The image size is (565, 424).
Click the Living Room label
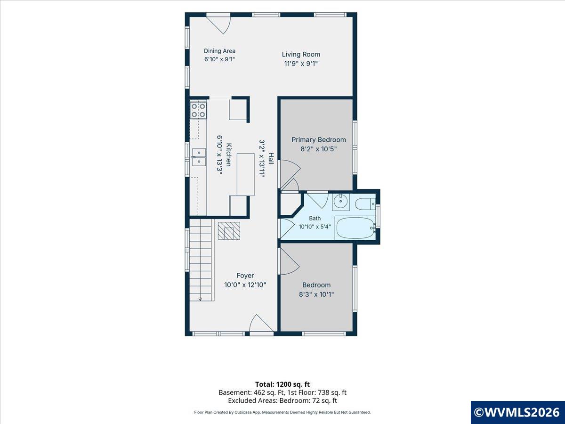pos(301,54)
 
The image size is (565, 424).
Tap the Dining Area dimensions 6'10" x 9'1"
pos(219,59)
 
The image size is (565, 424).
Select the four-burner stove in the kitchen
pos(198,110)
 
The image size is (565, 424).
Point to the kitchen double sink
pos(199,157)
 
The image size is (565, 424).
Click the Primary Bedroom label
pos(319,140)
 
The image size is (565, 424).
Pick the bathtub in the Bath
pos(355,228)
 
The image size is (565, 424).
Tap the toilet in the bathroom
pos(365,204)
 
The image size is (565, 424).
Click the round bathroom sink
pos(340,202)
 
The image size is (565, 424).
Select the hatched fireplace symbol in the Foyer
pos(229,231)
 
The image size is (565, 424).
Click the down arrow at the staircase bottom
pos(200,299)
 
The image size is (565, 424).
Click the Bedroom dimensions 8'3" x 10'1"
pos(316,294)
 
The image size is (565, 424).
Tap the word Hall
pos(271,159)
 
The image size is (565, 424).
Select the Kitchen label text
pos(228,155)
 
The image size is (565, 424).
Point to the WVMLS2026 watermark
pos(517,412)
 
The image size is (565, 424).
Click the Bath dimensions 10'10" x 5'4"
pos(315,227)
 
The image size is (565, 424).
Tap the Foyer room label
pos(245,276)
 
